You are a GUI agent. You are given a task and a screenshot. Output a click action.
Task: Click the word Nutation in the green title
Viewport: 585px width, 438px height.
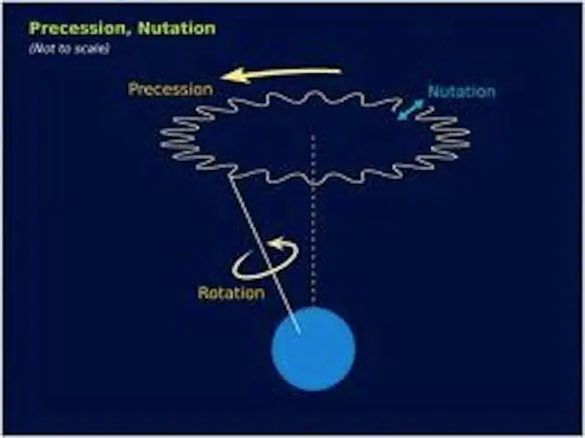[x=176, y=28]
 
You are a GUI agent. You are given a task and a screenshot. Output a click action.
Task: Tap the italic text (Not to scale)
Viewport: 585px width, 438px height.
[x=69, y=48]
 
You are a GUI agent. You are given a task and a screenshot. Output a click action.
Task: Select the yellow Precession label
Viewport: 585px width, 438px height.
[x=171, y=90]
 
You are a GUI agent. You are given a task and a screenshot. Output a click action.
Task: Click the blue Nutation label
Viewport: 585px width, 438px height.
[x=462, y=91]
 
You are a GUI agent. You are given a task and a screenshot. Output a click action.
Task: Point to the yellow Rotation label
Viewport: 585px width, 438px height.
[x=231, y=293]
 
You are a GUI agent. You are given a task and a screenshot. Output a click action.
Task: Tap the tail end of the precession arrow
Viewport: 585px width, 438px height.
[x=340, y=70]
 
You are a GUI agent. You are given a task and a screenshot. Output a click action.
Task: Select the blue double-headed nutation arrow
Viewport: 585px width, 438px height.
[x=410, y=110]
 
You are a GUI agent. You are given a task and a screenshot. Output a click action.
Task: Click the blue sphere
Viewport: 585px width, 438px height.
[x=314, y=348]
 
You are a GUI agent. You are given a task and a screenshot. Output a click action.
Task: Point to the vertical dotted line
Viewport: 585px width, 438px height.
[x=314, y=220]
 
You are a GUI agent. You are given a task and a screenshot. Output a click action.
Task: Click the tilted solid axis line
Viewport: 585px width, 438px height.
[x=266, y=253]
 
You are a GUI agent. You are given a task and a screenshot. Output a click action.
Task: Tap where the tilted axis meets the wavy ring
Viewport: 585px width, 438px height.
[x=232, y=176]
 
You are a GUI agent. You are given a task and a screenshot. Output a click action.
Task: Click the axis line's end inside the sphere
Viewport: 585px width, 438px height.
[x=300, y=331]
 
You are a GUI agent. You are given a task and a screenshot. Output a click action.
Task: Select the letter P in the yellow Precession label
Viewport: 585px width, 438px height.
[x=133, y=90]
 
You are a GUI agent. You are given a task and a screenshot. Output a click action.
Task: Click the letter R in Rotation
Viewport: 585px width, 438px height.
[x=203, y=293]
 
